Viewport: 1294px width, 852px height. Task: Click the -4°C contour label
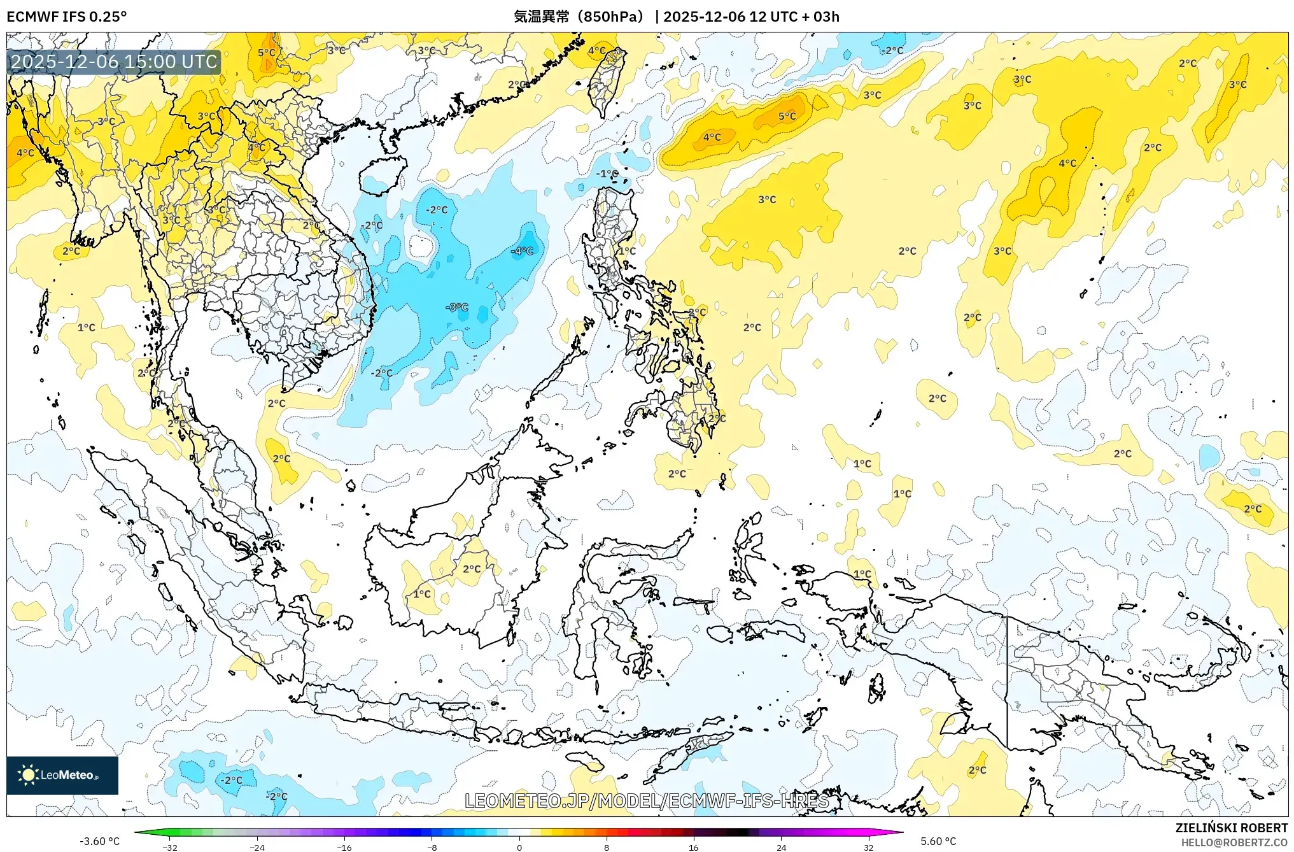click(x=522, y=251)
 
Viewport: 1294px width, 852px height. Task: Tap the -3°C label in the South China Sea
click(x=457, y=307)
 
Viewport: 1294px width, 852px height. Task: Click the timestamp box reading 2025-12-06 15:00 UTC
click(x=115, y=62)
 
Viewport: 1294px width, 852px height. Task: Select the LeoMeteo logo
click(x=62, y=775)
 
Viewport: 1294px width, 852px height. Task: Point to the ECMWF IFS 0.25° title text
click(x=67, y=17)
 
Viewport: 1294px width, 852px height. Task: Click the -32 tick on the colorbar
click(x=170, y=847)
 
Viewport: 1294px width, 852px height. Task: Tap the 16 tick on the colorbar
click(x=693, y=847)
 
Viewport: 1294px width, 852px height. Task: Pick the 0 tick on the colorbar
click(x=519, y=847)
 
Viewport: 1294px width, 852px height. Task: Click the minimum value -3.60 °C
click(x=99, y=841)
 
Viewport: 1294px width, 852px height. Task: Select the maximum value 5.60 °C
click(x=938, y=841)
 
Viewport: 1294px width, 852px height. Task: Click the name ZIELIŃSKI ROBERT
click(x=1231, y=828)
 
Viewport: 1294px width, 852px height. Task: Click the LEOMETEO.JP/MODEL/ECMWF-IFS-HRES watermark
click(x=647, y=800)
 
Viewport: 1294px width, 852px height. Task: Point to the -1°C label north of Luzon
click(x=607, y=173)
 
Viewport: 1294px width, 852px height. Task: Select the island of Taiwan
click(x=606, y=82)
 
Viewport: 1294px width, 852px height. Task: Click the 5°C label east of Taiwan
click(x=787, y=116)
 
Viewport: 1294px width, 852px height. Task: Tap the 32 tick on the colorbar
click(x=868, y=847)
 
